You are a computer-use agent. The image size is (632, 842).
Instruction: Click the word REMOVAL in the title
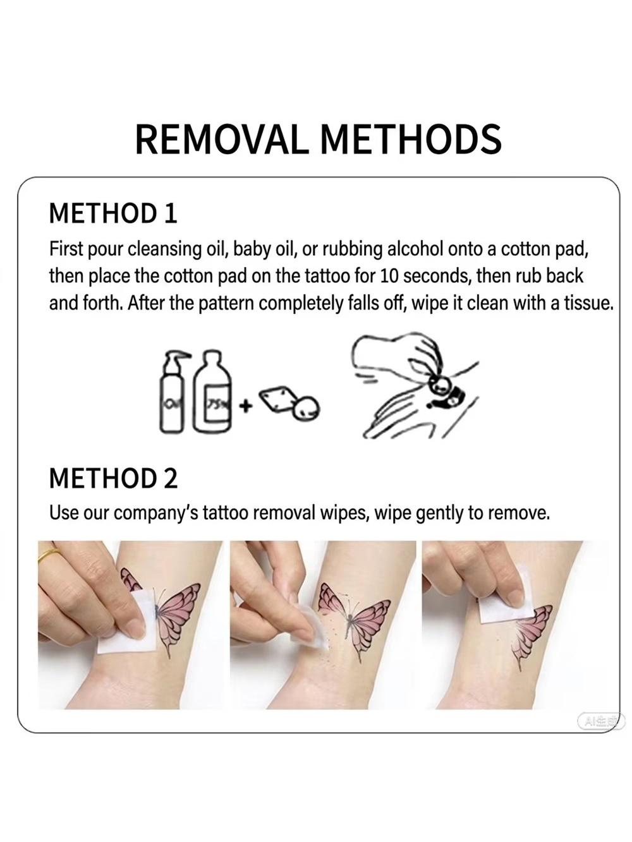tap(222, 139)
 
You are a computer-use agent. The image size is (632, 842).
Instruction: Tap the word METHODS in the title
tap(410, 139)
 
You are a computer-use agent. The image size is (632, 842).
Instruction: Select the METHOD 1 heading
tap(113, 213)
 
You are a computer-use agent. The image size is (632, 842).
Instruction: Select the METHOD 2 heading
tap(114, 478)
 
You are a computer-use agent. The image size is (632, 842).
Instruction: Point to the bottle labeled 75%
tap(212, 391)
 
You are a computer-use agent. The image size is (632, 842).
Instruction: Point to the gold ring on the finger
tap(49, 555)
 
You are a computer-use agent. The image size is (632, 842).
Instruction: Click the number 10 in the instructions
tap(389, 276)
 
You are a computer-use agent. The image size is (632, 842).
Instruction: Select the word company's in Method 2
tap(156, 514)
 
